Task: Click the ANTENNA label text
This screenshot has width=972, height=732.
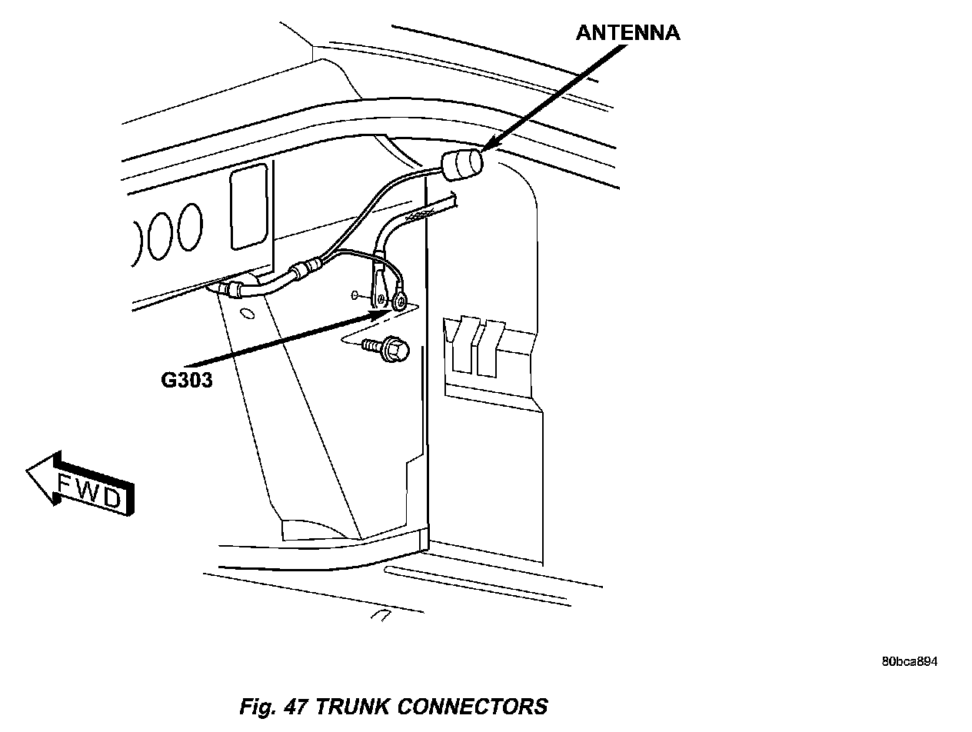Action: click(628, 33)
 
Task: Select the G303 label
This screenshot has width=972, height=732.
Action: click(187, 379)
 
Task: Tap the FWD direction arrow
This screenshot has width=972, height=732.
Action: click(80, 485)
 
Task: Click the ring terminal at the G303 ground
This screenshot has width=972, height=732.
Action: click(398, 302)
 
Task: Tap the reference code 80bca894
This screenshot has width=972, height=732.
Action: click(910, 662)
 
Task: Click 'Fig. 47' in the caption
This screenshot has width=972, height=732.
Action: click(275, 706)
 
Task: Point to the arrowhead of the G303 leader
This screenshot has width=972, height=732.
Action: click(382, 312)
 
